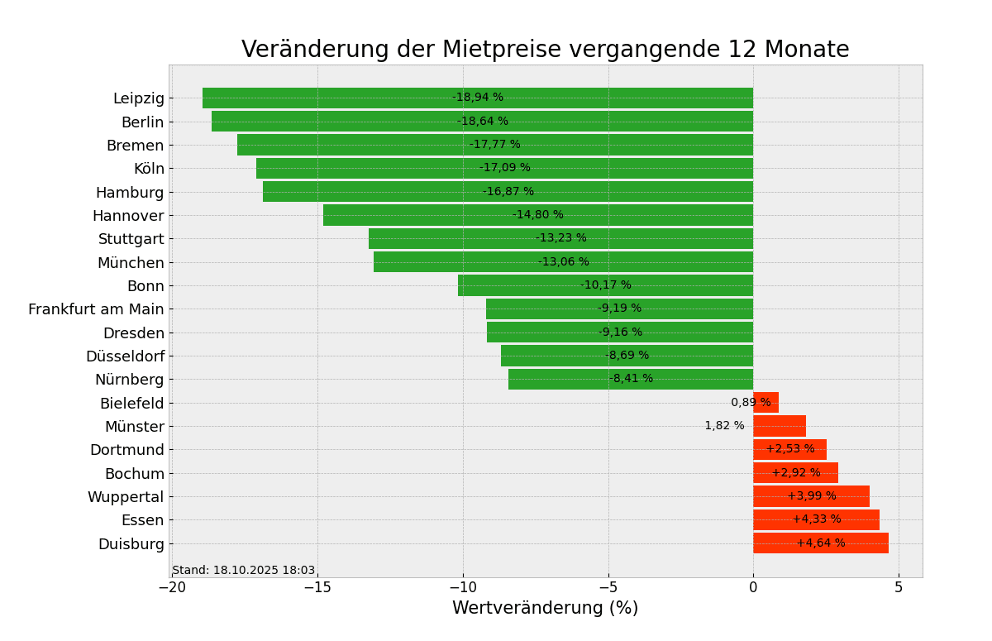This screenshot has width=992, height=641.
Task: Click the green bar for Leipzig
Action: pos(331,98)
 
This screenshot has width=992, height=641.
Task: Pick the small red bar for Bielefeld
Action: pos(765,403)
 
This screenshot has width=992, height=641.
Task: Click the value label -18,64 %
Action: pos(483,122)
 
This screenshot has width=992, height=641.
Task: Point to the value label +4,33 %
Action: pos(817,519)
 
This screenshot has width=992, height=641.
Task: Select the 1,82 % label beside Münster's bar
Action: pos(724,426)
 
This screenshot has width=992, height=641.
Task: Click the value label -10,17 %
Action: pos(605,285)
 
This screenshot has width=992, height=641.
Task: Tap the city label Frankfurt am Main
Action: pos(96,309)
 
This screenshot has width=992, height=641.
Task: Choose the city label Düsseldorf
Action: pos(125,356)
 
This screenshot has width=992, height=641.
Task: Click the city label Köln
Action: pos(149,169)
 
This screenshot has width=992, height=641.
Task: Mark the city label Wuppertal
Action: pos(126,497)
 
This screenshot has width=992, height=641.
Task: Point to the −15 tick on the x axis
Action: pos(317,587)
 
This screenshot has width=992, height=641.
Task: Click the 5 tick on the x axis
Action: pos(899,587)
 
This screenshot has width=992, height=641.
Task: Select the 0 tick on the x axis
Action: pos(753,587)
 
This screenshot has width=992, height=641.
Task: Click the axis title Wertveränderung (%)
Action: pos(545,609)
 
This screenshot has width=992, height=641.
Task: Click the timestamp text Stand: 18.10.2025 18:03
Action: pos(244,571)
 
